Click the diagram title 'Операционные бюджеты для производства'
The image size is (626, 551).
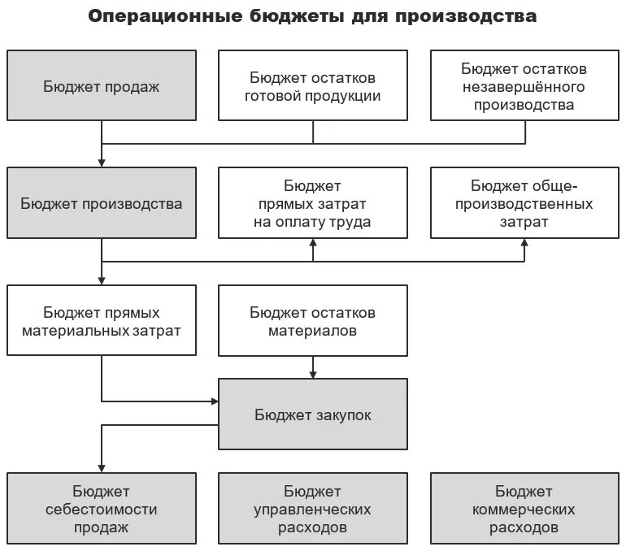pyautogui.click(x=312, y=16)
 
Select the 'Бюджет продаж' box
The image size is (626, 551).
pyautogui.click(x=102, y=85)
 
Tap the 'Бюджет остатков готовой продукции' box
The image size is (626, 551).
pyautogui.click(x=313, y=85)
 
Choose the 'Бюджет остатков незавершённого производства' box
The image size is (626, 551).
pyautogui.click(x=524, y=85)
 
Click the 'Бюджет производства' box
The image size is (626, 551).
pyautogui.click(x=102, y=202)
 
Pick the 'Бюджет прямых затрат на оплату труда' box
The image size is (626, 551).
pyautogui.click(x=313, y=202)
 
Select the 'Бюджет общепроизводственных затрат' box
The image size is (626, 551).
pyautogui.click(x=524, y=202)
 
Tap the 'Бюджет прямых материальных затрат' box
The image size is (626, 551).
pyautogui.click(x=102, y=320)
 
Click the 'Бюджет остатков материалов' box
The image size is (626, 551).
pyautogui.click(x=313, y=320)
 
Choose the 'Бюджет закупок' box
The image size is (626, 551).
pyautogui.click(x=313, y=414)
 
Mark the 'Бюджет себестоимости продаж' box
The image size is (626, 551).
pyautogui.click(x=102, y=509)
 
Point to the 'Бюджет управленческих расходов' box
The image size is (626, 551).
pyautogui.click(x=313, y=509)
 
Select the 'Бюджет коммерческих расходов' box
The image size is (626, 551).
pyautogui.click(x=524, y=509)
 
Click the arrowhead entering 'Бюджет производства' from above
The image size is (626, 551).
pyautogui.click(x=102, y=162)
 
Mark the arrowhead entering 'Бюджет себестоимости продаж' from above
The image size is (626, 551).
pyautogui.click(x=102, y=466)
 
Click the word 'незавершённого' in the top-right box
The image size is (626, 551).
pyautogui.click(x=524, y=86)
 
